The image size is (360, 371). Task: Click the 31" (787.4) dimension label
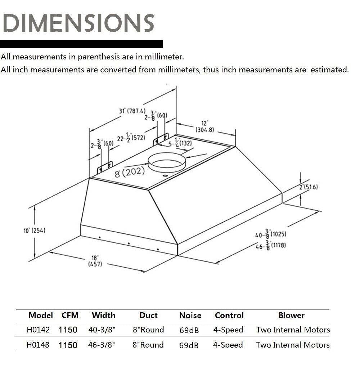[x=132, y=111]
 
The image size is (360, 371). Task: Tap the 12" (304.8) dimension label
[x=205, y=127]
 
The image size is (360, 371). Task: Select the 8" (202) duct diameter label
[x=130, y=172]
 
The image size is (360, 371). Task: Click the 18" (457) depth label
[x=95, y=261]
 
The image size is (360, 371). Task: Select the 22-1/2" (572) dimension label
[x=131, y=138]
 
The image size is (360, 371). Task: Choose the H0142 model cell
[x=38, y=330]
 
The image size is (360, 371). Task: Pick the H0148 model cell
[x=38, y=345]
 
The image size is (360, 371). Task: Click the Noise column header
[x=190, y=316]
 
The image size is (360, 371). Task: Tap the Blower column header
[x=291, y=316]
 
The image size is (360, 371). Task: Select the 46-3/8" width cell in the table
[x=102, y=345]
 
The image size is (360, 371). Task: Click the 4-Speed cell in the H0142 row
[x=228, y=330]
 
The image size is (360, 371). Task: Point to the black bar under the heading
[x=81, y=44]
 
